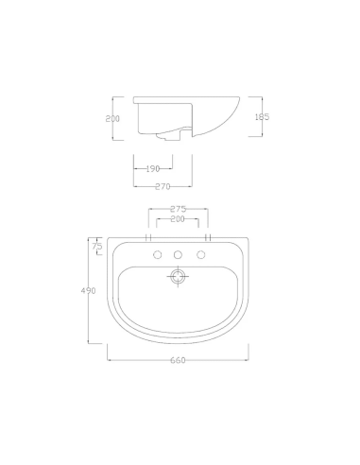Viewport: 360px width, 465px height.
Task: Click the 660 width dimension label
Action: click(178, 360)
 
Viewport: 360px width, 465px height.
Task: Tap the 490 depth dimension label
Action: click(88, 290)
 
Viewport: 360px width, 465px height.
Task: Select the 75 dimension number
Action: click(97, 246)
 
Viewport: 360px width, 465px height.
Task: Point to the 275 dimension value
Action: click(179, 209)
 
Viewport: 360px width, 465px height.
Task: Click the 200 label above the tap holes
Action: click(178, 218)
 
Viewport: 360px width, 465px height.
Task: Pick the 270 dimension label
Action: click(163, 186)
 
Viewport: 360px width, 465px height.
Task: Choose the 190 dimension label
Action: click(153, 169)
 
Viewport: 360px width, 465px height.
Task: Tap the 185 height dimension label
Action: click(262, 117)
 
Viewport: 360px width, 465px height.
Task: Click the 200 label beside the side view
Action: click(112, 119)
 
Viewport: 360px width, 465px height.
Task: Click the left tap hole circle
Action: click(158, 254)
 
